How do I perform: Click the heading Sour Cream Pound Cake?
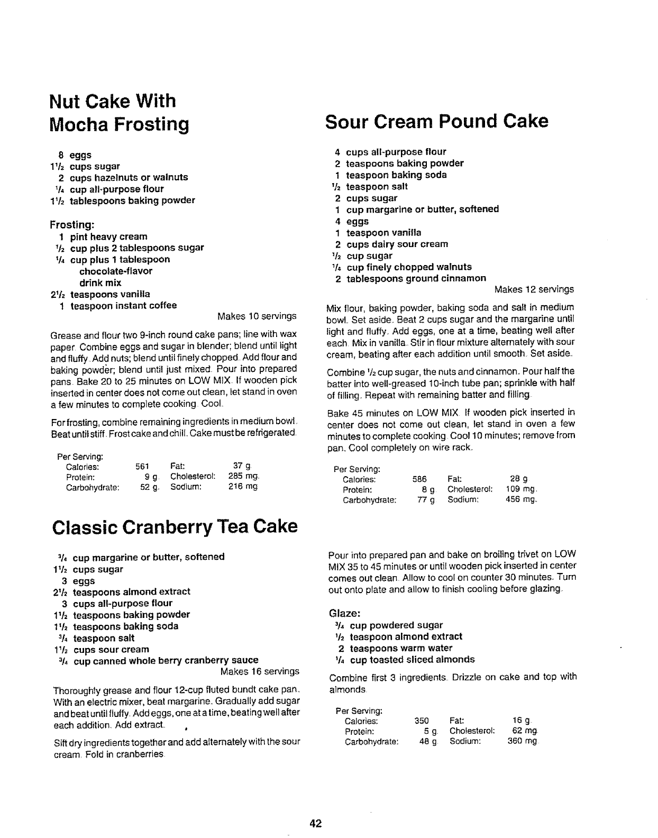click(x=436, y=121)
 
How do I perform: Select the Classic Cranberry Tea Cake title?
click(x=175, y=527)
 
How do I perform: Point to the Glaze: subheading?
click(x=345, y=614)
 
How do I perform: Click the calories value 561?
click(x=142, y=467)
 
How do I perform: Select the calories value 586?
click(x=419, y=479)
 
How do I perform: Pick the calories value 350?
click(x=422, y=721)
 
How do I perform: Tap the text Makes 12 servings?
click(x=534, y=289)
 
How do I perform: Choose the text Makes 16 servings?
click(x=259, y=671)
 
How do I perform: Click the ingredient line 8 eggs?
click(x=75, y=155)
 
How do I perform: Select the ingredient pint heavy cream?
click(x=108, y=236)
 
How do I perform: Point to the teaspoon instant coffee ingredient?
click(x=123, y=305)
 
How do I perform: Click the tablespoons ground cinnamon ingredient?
click(x=416, y=278)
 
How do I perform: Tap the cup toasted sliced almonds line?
click(x=412, y=659)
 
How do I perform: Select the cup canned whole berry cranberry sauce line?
click(x=166, y=660)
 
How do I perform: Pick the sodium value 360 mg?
click(x=522, y=741)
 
